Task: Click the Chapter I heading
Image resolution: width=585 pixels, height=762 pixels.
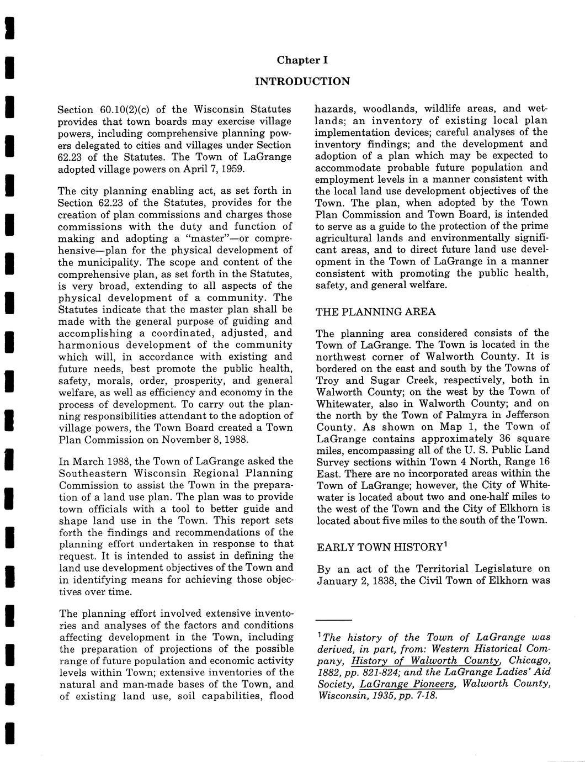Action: point(302,60)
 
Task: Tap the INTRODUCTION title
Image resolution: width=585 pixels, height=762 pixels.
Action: point(302,82)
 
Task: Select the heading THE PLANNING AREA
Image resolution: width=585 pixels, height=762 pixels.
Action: point(376,312)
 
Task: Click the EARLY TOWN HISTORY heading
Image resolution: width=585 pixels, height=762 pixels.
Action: point(380,547)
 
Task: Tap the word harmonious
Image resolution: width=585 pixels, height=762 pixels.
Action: point(88,345)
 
